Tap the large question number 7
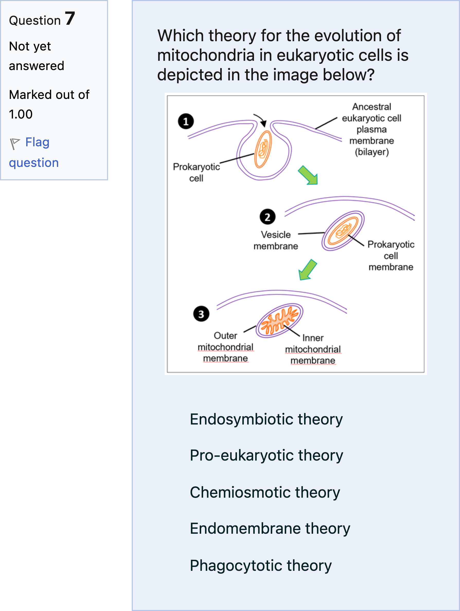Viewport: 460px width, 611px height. (x=70, y=19)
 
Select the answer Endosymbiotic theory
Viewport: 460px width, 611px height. (x=266, y=419)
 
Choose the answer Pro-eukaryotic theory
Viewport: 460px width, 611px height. (x=266, y=455)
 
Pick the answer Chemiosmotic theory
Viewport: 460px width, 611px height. (x=265, y=492)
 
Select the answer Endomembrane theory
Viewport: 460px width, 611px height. (x=270, y=528)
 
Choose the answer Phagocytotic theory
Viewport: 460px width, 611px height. (x=261, y=565)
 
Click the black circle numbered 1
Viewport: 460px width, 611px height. (x=186, y=121)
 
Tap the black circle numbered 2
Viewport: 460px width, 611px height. (x=267, y=217)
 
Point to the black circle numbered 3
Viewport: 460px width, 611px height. (x=201, y=314)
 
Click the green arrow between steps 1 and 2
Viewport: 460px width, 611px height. (x=309, y=175)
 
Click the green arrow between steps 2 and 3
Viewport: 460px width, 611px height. (x=307, y=270)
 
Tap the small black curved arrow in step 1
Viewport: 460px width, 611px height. (x=261, y=120)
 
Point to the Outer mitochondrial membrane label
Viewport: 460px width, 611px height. (x=225, y=347)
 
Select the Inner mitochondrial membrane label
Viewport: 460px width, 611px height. (x=313, y=349)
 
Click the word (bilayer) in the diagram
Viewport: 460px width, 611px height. (x=371, y=152)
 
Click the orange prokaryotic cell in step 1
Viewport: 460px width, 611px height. (x=263, y=149)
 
